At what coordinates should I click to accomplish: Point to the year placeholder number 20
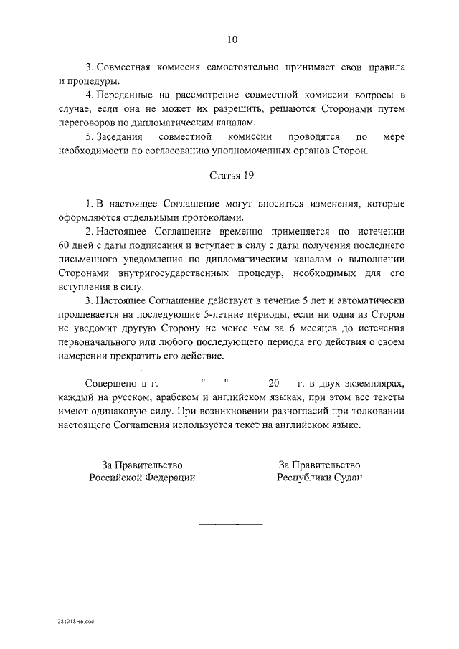[x=273, y=383]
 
